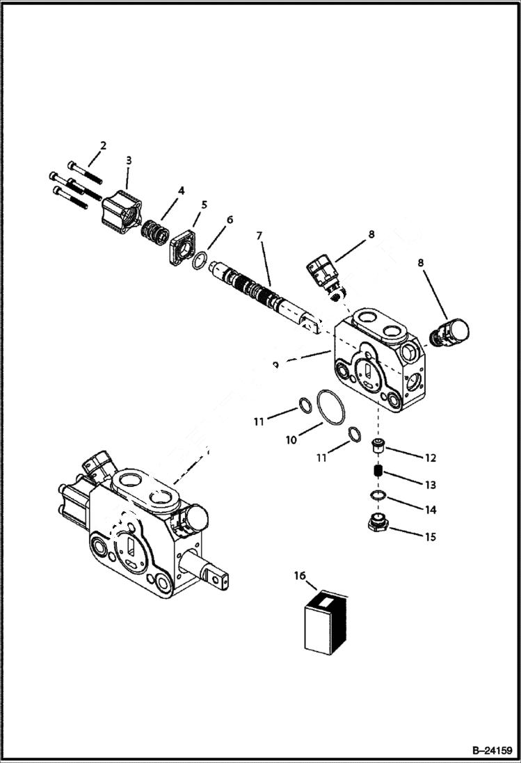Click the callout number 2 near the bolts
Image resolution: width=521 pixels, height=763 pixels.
pos(103,145)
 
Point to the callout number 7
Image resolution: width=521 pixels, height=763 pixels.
pos(259,236)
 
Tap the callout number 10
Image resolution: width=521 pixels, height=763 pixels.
pos(291,440)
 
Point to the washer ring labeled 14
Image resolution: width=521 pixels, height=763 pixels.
pos(378,495)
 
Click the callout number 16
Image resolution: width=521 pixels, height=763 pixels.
pos(300,576)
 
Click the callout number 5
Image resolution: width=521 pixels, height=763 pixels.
pos(205,204)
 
